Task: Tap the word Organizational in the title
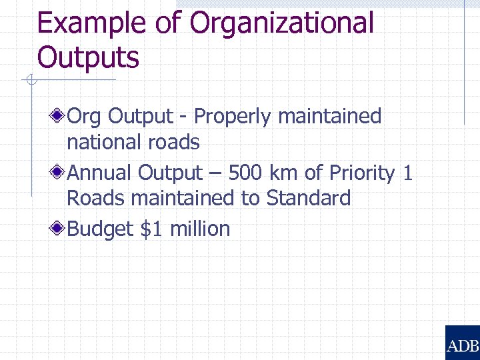(282, 24)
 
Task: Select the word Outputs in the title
(88, 57)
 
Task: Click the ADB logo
(462, 343)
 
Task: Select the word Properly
(233, 117)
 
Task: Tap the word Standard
(309, 198)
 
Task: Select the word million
(200, 229)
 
